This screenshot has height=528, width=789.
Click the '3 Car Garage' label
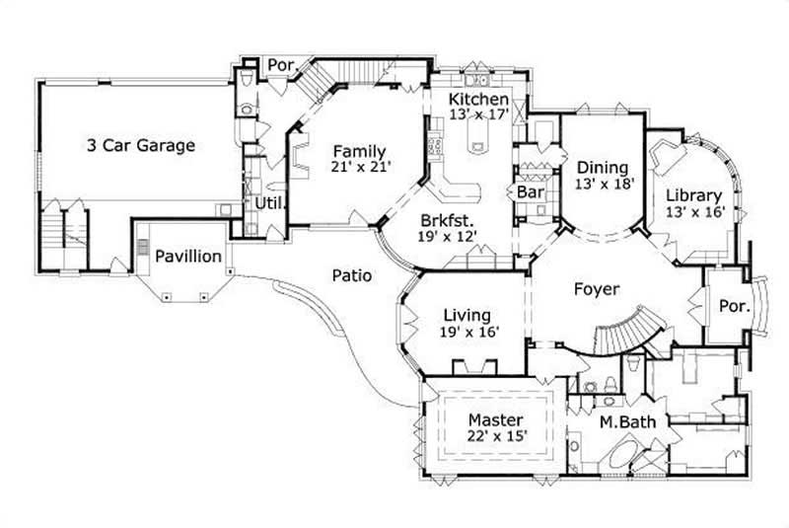[140, 145]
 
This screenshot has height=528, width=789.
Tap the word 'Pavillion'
[187, 257]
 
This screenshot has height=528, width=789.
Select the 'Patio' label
[351, 276]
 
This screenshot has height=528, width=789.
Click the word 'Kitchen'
[478, 100]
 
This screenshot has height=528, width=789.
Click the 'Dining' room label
[603, 167]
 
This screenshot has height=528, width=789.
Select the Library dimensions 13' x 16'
[694, 211]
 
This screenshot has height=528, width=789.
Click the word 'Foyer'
[596, 290]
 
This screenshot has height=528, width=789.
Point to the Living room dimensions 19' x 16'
[468, 333]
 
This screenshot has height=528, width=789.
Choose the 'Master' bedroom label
[495, 419]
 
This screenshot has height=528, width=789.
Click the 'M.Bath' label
[626, 424]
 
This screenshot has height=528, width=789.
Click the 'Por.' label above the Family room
[281, 65]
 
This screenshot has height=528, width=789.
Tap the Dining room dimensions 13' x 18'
[603, 183]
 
